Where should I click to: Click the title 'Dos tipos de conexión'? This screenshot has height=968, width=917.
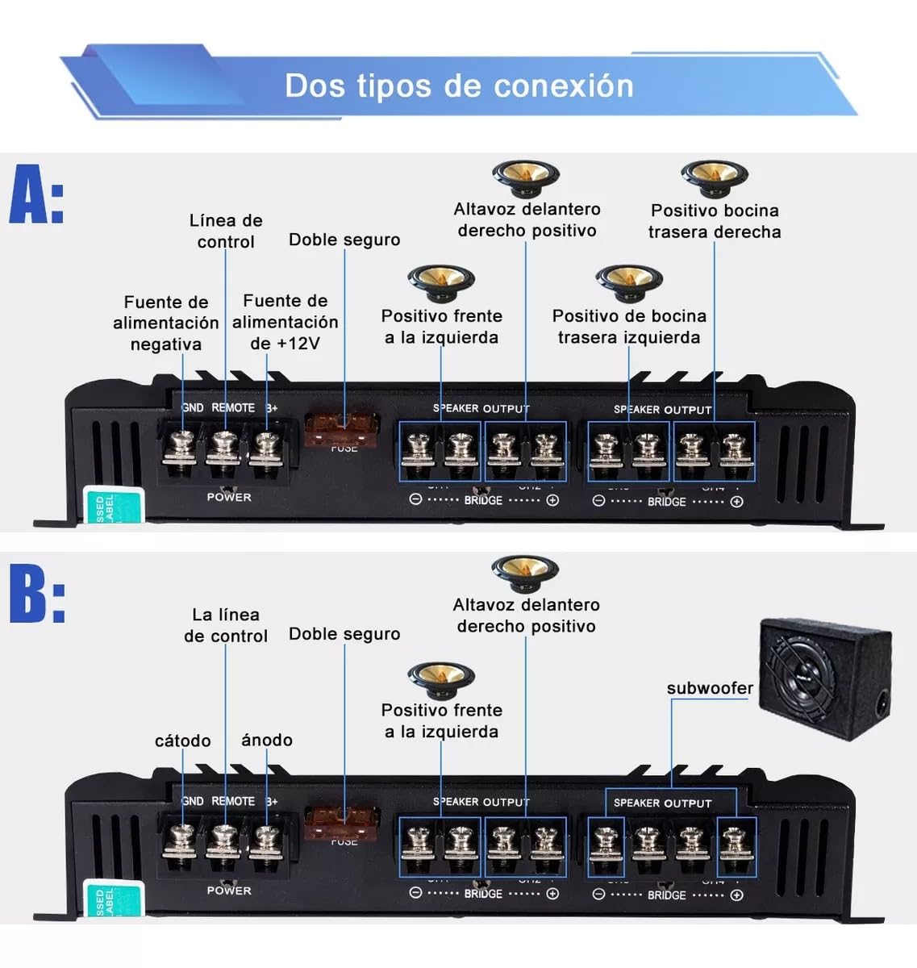coord(459,86)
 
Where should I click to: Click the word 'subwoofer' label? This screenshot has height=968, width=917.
coord(710,688)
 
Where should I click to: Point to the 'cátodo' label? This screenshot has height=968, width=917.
coord(183,741)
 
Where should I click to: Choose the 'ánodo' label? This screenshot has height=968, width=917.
coord(267,740)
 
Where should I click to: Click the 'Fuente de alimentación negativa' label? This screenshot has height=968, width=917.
coord(166,323)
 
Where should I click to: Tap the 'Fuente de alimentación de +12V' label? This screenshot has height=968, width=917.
coord(285,322)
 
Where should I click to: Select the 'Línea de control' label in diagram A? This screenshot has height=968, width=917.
coord(226,231)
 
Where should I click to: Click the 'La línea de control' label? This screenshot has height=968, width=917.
coord(225,625)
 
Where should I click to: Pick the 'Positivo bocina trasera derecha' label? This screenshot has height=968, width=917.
coord(715,221)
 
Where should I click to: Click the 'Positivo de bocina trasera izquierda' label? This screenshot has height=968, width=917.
coord(629,326)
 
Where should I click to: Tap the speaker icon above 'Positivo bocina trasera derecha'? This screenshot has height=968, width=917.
coord(715,177)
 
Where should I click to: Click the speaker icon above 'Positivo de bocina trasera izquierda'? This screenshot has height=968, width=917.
coord(629,283)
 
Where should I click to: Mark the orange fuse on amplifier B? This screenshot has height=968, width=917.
coord(344,824)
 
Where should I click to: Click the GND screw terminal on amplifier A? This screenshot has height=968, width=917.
coord(181,447)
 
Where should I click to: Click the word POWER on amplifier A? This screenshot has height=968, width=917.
coord(229,497)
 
